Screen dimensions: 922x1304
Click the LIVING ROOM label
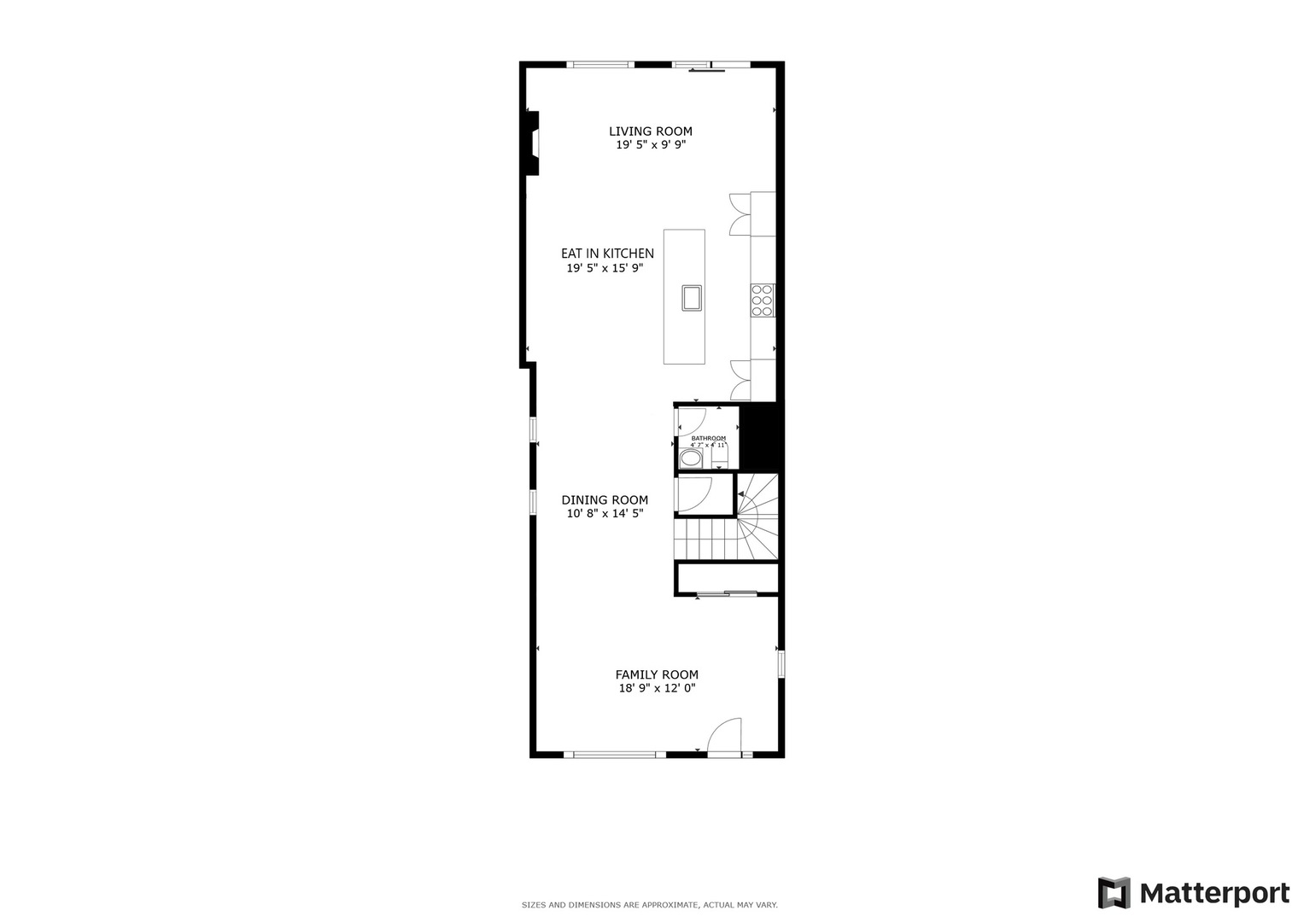tap(650, 131)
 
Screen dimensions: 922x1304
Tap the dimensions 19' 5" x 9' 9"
tap(651, 145)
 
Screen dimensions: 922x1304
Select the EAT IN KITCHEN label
tap(607, 254)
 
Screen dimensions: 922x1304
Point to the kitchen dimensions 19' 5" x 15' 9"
tap(605, 268)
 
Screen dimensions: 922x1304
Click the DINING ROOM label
tap(605, 500)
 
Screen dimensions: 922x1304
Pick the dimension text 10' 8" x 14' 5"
tap(605, 514)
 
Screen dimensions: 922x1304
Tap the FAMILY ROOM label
tap(657, 674)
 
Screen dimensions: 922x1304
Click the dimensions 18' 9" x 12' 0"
tap(657, 688)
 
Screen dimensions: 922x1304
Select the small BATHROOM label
tap(708, 438)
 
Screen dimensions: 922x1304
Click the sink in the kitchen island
tap(692, 297)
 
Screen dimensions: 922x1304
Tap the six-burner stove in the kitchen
tap(763, 301)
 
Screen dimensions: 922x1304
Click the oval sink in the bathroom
tap(690, 459)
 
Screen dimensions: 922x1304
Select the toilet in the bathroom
tap(720, 457)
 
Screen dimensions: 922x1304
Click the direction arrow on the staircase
tap(741, 494)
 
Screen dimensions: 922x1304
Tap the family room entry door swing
tap(725, 736)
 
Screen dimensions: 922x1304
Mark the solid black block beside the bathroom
tap(761, 436)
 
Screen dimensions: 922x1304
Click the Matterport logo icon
tap(1114, 893)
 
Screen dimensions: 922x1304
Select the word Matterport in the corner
tap(1215, 894)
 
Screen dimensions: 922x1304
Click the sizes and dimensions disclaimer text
tap(649, 905)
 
